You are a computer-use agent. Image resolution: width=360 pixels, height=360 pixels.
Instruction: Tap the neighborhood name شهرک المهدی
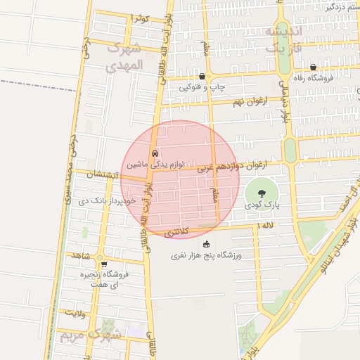(x=124, y=58)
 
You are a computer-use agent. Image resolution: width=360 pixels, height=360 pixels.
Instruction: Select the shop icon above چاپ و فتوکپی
(x=202, y=77)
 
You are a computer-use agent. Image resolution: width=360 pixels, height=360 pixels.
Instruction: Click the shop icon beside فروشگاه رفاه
(x=312, y=67)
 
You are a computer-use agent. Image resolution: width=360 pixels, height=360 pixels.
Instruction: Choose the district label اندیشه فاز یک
(x=283, y=41)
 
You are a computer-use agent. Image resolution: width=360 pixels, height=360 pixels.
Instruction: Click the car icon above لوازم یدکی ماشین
(x=155, y=153)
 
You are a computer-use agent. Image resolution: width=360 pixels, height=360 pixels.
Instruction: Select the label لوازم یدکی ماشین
(x=155, y=164)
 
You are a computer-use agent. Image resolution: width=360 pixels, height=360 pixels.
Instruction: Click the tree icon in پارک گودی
(x=262, y=192)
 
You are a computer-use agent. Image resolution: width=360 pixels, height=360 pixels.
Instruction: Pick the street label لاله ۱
(x=265, y=224)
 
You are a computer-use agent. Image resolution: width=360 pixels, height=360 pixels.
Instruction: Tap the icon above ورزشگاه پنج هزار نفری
(x=206, y=244)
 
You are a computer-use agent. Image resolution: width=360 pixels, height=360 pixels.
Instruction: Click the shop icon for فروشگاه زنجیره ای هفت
(x=104, y=265)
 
